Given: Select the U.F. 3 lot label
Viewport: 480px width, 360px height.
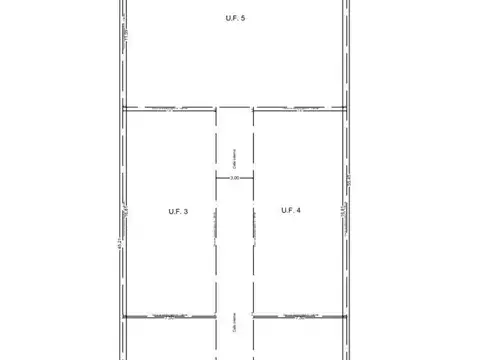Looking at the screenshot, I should pyautogui.click(x=178, y=210).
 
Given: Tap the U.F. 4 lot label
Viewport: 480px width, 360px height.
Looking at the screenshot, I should pyautogui.click(x=291, y=210).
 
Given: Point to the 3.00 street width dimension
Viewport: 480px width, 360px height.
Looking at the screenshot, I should pyautogui.click(x=234, y=177).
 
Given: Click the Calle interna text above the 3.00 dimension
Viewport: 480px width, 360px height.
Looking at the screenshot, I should pyautogui.click(x=234, y=151).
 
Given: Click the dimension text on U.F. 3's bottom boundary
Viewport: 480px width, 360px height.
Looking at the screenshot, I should pyautogui.click(x=169, y=317).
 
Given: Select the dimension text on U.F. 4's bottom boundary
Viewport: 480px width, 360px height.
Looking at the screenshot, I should pyautogui.click(x=299, y=317).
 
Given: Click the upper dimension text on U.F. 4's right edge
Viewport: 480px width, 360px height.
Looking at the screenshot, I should pyautogui.click(x=347, y=183).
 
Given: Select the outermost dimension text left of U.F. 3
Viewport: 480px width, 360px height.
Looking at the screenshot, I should pyautogui.click(x=118, y=243).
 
